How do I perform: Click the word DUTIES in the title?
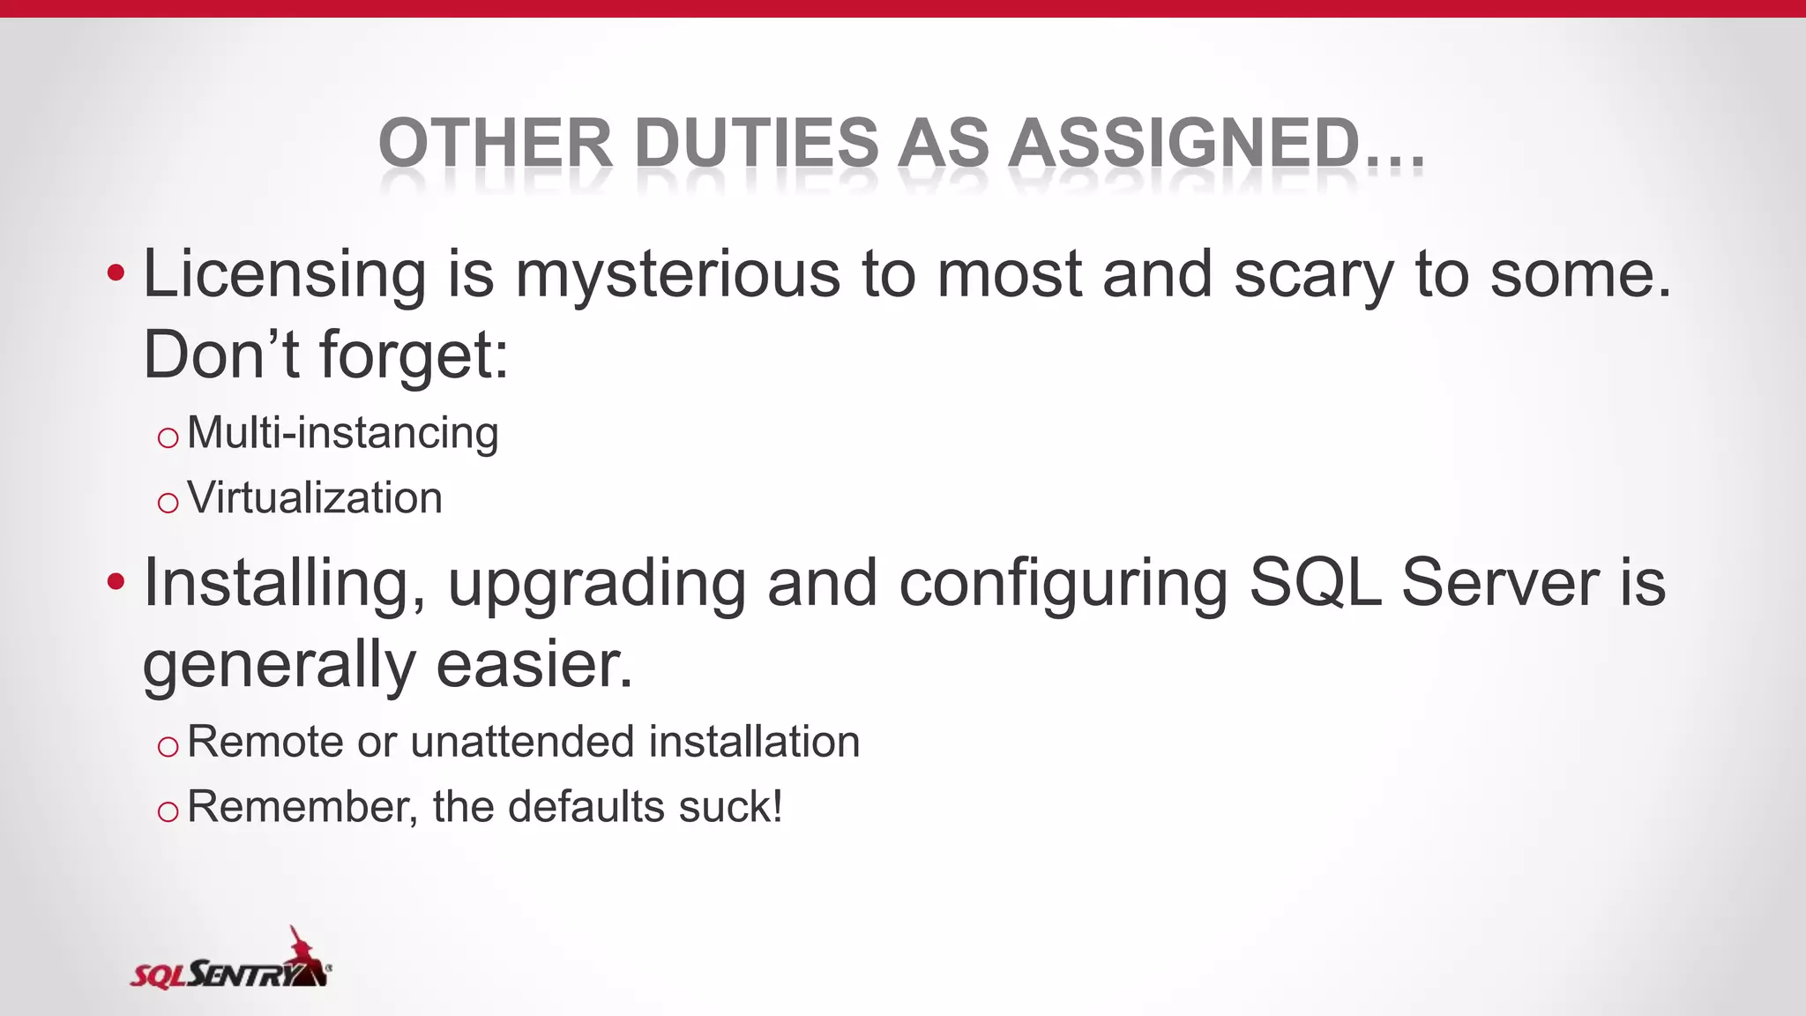pos(757,143)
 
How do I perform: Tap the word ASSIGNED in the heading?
pos(1184,143)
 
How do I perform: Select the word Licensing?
pos(285,275)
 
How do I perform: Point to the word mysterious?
pos(678,275)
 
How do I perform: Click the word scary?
pos(1313,275)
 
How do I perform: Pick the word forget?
pos(414,355)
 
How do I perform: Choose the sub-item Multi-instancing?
pos(343,433)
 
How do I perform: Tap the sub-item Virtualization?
pos(315,497)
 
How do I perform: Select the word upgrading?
pos(597,585)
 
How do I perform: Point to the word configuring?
pos(1063,585)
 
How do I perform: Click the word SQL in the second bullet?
pos(1315,583)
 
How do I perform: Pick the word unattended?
pos(522,741)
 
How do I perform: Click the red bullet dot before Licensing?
pos(116,274)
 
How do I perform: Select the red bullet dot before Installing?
pos(116,582)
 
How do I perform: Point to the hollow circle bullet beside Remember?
pos(168,811)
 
